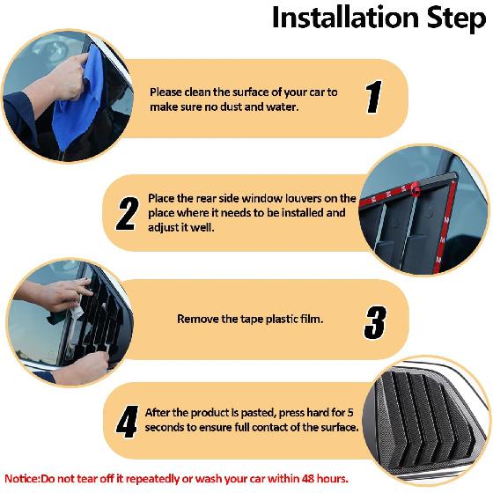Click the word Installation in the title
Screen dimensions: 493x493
[x=345, y=18]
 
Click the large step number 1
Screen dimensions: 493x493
[x=373, y=97]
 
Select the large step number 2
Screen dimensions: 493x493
[x=128, y=214]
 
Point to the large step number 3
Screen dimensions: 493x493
[x=375, y=322]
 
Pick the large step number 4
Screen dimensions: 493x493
[x=128, y=422]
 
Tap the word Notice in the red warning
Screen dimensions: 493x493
[x=21, y=479]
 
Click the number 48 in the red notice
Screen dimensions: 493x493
[x=308, y=479]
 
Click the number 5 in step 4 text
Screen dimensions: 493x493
[x=350, y=413]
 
